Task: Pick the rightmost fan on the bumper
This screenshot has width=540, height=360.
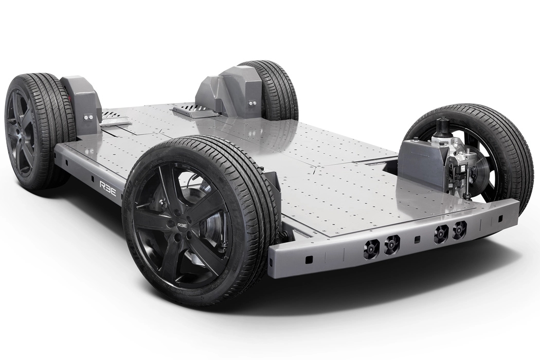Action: tap(459, 229)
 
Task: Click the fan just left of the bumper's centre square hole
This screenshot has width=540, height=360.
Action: tap(392, 244)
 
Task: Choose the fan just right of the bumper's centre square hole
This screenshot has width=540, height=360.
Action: tap(440, 233)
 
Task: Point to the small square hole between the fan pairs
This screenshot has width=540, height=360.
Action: tap(417, 240)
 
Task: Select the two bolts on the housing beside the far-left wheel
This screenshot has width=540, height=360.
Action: tap(87, 118)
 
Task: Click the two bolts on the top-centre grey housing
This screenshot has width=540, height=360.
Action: tap(251, 103)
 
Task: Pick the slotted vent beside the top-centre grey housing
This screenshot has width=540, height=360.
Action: tap(186, 109)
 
